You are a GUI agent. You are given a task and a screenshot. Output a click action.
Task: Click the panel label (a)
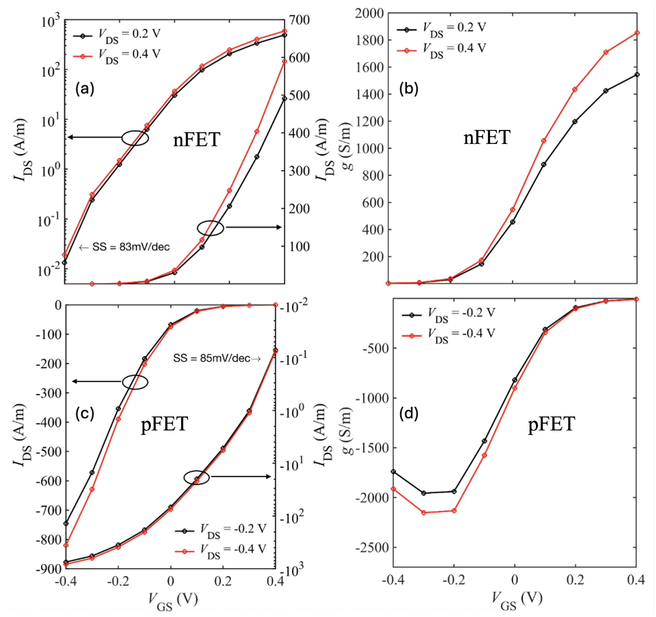click(85, 89)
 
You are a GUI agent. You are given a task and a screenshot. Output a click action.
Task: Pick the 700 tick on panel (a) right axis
click(299, 20)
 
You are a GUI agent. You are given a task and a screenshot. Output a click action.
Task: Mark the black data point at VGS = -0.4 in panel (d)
click(393, 472)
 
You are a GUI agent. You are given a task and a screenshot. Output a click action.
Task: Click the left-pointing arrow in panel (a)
click(94, 137)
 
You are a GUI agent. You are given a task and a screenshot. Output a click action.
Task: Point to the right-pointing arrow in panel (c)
click(241, 477)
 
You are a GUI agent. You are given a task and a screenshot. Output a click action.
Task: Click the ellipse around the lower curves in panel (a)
click(211, 228)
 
